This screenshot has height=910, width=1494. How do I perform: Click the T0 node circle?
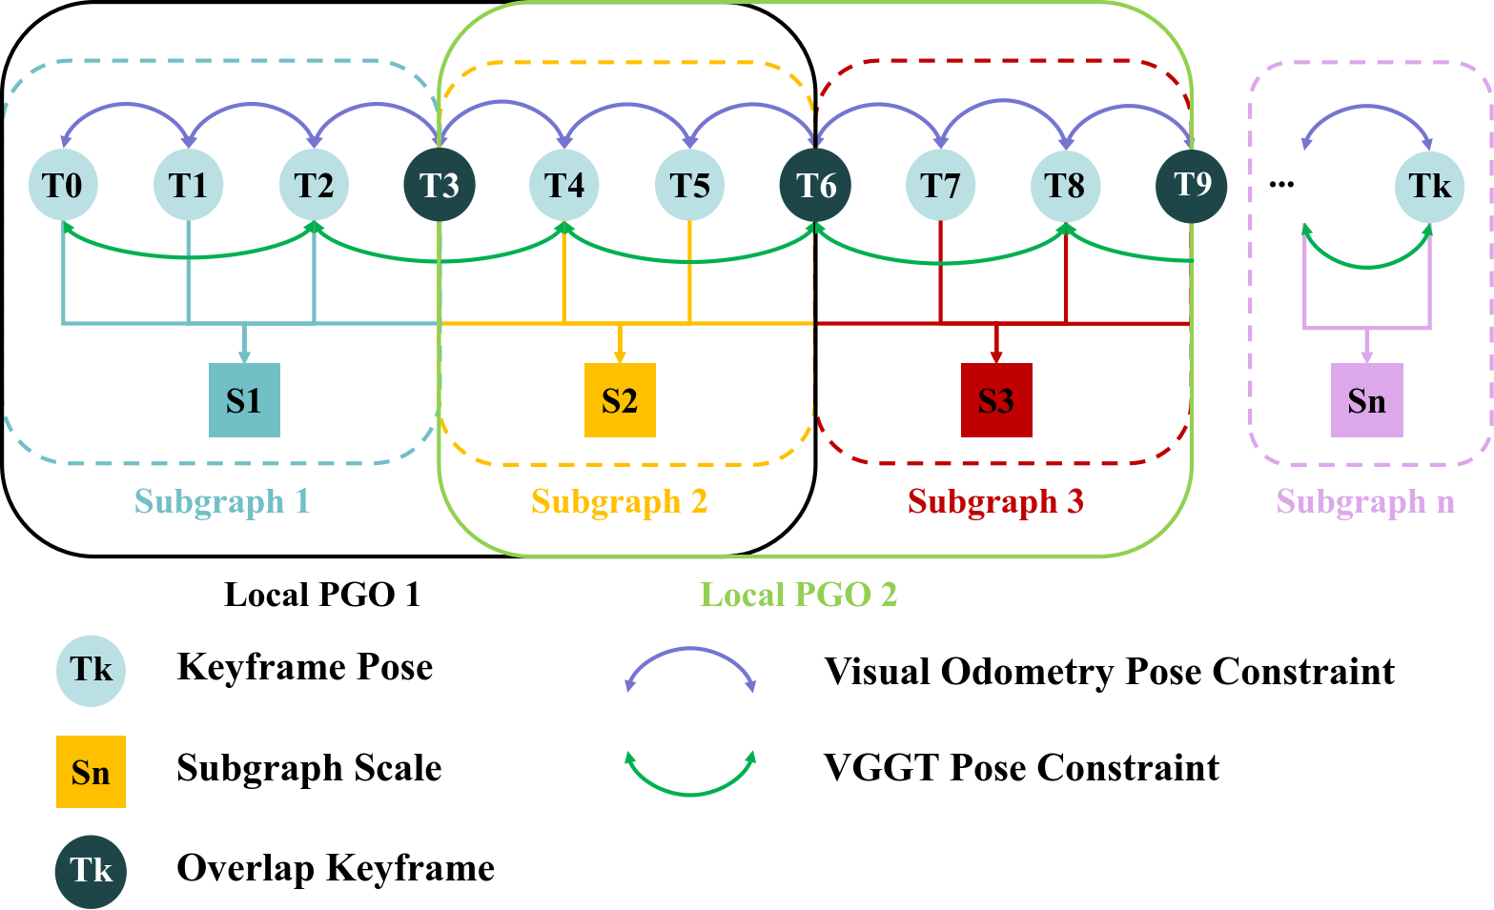62,185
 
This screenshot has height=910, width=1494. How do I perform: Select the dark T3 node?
440,185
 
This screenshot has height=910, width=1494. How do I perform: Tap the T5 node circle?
689,185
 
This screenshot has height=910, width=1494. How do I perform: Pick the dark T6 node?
815,185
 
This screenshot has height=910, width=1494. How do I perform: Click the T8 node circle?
1065,185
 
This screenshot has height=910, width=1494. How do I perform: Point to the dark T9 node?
1191,185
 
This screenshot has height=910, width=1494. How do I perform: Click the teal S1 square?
245,400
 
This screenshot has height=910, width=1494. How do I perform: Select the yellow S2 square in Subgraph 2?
620,400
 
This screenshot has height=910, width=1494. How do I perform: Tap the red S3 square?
996,400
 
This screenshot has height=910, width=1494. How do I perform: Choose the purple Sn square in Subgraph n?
1366,400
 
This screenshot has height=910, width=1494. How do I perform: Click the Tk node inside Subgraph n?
1429,186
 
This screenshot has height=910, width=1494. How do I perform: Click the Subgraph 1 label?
222,501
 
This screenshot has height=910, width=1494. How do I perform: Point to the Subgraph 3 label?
995,501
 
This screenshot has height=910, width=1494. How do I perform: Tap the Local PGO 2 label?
799,595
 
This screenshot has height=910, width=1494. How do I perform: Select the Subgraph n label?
1365,501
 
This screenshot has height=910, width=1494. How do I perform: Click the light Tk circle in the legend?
91,670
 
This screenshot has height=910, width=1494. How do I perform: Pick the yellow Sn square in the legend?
91,772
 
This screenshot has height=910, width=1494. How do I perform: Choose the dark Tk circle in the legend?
91,871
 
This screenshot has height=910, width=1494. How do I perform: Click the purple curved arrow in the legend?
690,652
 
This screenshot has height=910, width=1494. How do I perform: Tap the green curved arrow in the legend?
690,791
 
